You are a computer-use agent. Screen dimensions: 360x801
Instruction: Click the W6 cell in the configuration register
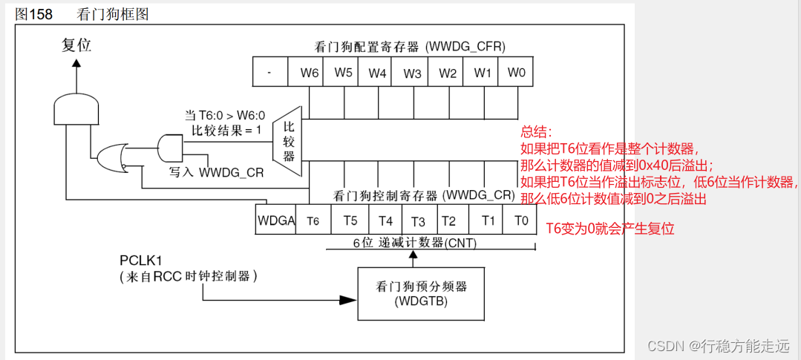point(309,73)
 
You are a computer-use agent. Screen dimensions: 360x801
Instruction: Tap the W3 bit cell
point(412,73)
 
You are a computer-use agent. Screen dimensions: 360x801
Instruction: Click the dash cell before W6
point(269,73)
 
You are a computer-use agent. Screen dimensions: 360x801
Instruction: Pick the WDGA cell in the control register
point(276,220)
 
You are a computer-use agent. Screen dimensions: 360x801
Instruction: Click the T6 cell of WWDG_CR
point(313,220)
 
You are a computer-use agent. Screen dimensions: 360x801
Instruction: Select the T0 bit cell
point(520,220)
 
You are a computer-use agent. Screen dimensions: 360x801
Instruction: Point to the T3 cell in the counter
point(419,220)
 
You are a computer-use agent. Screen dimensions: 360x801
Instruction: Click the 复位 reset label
point(76,45)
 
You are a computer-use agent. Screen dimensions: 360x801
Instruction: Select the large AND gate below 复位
point(75,111)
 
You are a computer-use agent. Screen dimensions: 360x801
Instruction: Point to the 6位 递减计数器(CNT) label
point(414,243)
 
